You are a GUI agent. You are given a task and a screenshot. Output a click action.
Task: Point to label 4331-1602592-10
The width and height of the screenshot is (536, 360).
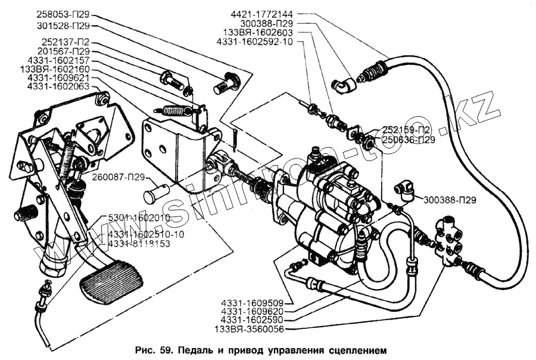pyautogui.click(x=261, y=42)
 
